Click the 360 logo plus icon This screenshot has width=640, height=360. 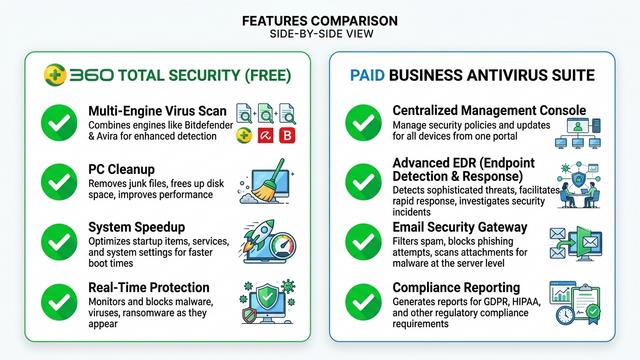click(x=57, y=74)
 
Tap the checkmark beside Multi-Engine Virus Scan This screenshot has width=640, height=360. click(x=58, y=122)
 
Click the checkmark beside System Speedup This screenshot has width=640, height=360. click(x=58, y=240)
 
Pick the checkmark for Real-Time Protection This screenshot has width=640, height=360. click(x=58, y=298)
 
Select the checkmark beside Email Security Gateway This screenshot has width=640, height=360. click(x=361, y=240)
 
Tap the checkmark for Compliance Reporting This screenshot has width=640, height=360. click(x=361, y=298)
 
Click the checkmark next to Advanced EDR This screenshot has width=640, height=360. click(x=361, y=181)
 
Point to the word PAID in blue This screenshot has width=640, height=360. click(x=369, y=75)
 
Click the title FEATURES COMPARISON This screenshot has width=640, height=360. click(x=320, y=20)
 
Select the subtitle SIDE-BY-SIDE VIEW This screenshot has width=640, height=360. click(x=320, y=35)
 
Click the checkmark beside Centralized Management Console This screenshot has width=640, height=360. click(x=361, y=122)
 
